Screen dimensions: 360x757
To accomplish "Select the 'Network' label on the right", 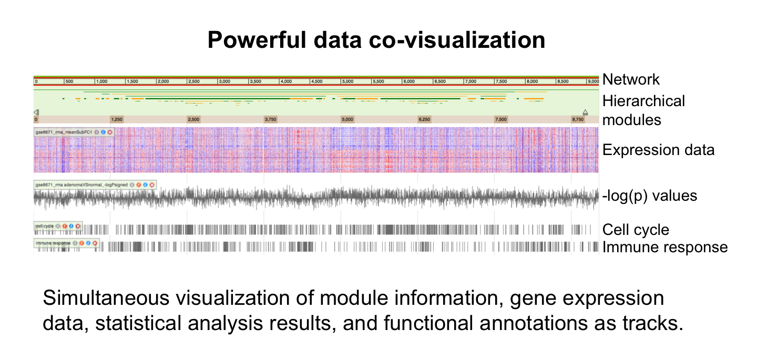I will [x=631, y=79].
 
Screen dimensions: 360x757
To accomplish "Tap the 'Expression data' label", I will [x=658, y=150].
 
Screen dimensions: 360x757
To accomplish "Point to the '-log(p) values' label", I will [x=650, y=196].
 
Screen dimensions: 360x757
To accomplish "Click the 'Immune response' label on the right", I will [x=665, y=247].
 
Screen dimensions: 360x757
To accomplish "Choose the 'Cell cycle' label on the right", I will [x=636, y=230].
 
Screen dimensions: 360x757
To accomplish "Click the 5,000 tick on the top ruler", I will [x=347, y=81].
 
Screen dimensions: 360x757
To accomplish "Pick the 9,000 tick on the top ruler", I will [x=593, y=81].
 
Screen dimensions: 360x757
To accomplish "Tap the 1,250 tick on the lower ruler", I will [x=116, y=119].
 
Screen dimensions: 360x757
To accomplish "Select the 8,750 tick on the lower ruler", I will [x=577, y=119].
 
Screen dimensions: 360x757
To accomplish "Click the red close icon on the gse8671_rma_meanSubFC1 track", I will [x=110, y=132].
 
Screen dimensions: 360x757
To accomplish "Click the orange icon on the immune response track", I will [x=82, y=243].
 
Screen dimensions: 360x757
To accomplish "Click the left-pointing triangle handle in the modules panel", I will [x=36, y=112].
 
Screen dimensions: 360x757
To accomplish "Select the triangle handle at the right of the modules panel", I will [x=585, y=112].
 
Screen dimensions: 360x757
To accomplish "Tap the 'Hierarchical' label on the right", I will [x=643, y=101].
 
